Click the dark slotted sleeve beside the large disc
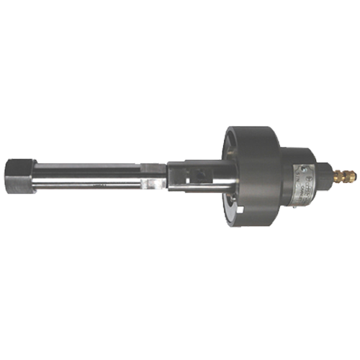click(x=194, y=176)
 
